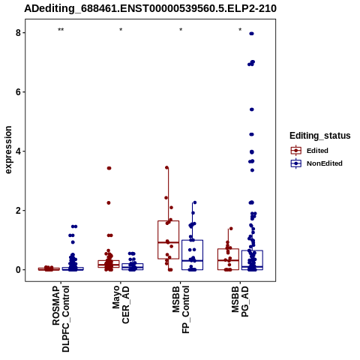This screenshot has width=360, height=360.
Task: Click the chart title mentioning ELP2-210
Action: [150, 8]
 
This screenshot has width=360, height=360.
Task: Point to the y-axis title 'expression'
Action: [8, 150]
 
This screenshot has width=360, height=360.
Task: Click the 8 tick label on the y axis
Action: [18, 33]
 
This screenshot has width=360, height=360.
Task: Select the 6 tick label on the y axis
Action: [18, 92]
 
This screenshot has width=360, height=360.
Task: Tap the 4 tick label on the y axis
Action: [18, 151]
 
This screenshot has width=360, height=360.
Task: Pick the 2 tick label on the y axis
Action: [18, 211]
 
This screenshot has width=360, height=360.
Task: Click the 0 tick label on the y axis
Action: [18, 270]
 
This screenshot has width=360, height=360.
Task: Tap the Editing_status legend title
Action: [320, 136]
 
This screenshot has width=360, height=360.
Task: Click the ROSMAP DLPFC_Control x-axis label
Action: [61, 319]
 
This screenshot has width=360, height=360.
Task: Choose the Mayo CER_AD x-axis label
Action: [121, 304]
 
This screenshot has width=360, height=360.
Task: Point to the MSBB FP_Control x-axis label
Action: [181, 310]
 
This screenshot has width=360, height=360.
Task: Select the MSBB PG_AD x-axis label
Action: [240, 301]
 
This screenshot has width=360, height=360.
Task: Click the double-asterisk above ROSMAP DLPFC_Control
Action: [61, 30]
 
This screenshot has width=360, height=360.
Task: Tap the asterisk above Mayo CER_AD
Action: [121, 30]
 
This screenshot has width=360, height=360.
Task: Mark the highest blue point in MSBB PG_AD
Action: [251, 34]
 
